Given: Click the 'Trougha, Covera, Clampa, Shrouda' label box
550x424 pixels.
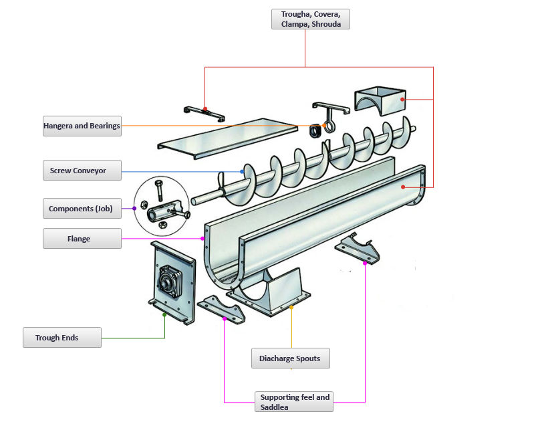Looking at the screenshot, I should [310, 19].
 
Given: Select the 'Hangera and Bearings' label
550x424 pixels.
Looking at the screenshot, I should [82, 126].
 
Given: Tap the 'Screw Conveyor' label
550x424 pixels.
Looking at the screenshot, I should [82, 171].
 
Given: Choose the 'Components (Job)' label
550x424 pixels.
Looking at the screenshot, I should [82, 209].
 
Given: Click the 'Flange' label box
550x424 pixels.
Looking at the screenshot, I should [82, 239].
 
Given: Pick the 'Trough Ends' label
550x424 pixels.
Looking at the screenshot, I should [62, 338].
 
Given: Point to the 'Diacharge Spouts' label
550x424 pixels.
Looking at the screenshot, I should [290, 358].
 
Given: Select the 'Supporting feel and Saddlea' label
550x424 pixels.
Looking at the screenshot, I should [294, 401].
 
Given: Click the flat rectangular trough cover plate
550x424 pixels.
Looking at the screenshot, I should [227, 139].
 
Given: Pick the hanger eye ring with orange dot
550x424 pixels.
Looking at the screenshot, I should [327, 124].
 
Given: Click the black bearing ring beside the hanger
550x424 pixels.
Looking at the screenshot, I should [315, 131].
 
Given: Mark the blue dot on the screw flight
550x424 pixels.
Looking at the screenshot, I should [242, 172].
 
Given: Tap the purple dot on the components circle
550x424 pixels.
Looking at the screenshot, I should [134, 209].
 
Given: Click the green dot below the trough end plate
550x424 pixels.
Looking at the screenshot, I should [164, 314].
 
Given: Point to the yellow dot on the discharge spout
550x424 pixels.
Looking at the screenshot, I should [291, 308].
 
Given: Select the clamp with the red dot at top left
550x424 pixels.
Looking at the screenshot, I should [203, 111].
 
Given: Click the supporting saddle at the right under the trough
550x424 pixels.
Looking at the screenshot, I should [359, 249].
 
